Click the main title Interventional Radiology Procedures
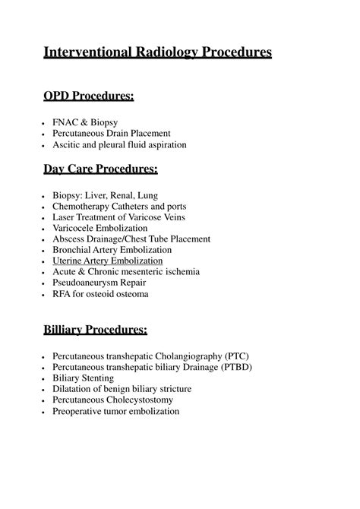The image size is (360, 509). pos(157,52)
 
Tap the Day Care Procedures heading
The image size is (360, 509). pos(105,168)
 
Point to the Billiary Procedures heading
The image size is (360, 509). pos(95,329)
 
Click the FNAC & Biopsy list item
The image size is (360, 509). pos(85,122)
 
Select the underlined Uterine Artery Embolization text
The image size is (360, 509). pos(112,261)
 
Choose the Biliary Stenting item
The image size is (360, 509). pos(84,378)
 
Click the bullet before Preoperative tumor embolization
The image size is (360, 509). pos(45,412)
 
